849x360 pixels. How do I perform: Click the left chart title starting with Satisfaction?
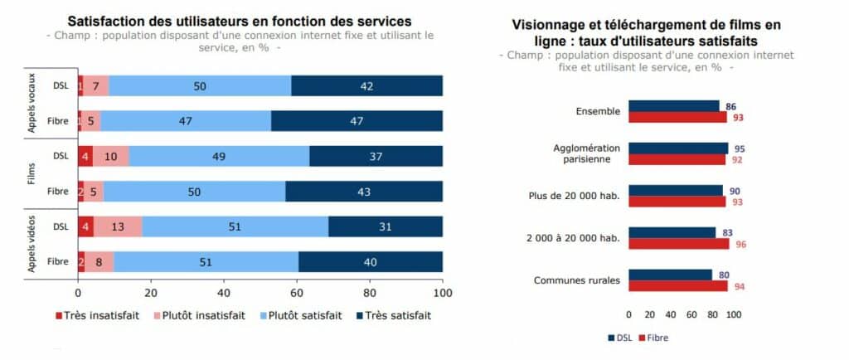(239, 21)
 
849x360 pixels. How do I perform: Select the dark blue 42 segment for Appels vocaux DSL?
(366, 86)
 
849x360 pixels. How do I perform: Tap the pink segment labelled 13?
(118, 226)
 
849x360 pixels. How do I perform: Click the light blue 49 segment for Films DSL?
(219, 157)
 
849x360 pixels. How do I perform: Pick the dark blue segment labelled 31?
(385, 226)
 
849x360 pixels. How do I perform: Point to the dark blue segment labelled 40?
(371, 262)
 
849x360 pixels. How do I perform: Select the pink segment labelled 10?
(110, 157)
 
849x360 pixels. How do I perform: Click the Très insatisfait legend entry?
(98, 315)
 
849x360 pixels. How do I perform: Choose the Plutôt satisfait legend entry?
(300, 315)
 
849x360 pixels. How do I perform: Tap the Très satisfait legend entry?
(393, 315)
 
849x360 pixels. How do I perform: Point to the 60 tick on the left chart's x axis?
(297, 294)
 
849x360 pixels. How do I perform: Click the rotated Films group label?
(32, 173)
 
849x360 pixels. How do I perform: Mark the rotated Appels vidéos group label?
(32, 244)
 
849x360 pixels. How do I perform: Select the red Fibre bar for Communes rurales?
(678, 286)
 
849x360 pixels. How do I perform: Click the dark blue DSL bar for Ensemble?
(673, 106)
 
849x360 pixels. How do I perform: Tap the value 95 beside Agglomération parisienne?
(740, 148)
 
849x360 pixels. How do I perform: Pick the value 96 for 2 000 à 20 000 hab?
(740, 244)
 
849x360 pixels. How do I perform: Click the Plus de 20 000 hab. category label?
(574, 196)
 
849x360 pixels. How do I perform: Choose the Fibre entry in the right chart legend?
(653, 338)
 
